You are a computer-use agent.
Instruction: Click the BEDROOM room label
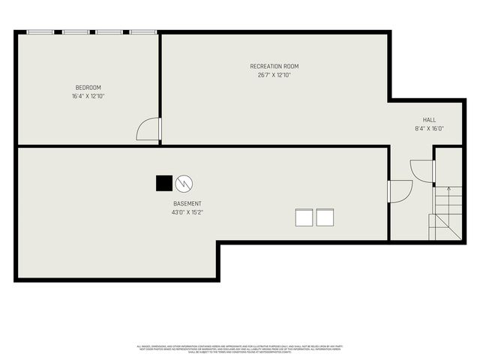tap(88, 88)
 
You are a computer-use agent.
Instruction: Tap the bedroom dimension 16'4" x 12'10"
tap(88, 96)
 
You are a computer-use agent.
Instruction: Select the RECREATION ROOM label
tap(274, 67)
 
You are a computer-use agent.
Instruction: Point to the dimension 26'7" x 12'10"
tap(274, 75)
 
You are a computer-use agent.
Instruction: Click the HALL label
tap(429, 120)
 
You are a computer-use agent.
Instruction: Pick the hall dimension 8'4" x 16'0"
tap(429, 128)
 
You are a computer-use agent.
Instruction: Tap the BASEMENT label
tap(187, 204)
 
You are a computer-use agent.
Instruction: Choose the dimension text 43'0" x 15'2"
tap(187, 212)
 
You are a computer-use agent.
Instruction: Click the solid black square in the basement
tap(163, 183)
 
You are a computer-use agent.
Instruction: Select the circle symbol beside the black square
tap(184, 183)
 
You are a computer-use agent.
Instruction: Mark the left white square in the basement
tap(304, 217)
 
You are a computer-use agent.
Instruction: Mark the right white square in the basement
tap(324, 217)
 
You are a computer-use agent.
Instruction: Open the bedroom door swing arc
tap(148, 129)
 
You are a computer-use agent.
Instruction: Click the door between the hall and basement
tap(399, 190)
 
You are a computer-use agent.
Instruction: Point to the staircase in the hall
tap(447, 214)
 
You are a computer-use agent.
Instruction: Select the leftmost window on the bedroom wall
tap(40, 32)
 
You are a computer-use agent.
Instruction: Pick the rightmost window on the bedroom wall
tap(142, 32)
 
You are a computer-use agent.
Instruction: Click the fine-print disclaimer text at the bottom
tap(240, 349)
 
